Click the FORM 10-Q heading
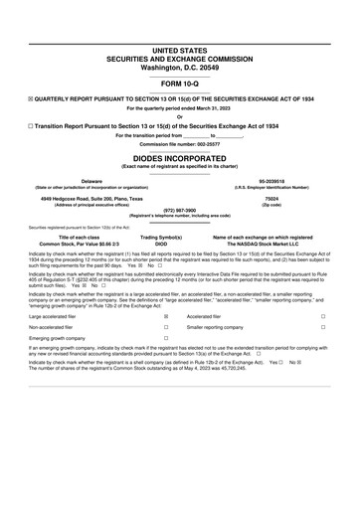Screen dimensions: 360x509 click(x=180, y=83)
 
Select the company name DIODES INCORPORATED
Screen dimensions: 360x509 click(x=180, y=157)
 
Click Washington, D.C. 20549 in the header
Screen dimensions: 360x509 click(x=180, y=67)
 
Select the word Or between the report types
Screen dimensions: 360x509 click(x=180, y=117)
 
